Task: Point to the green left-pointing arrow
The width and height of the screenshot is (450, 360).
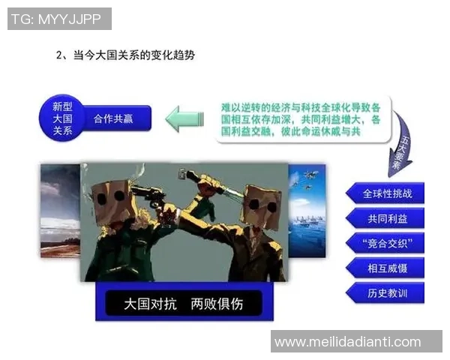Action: click(184, 118)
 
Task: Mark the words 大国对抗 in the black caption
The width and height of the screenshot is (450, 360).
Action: click(148, 304)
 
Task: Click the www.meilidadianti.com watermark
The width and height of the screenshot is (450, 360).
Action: click(347, 342)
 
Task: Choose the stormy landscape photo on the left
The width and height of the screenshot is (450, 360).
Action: click(60, 211)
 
